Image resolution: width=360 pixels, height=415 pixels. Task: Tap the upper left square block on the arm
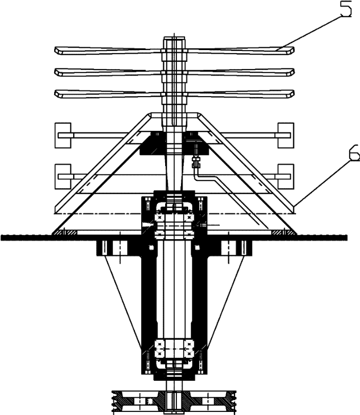pos(62,135)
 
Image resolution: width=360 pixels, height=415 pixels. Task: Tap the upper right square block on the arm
pos(285,135)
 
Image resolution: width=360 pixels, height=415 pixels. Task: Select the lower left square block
pos(62,176)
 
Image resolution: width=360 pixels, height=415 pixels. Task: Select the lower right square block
pos(285,176)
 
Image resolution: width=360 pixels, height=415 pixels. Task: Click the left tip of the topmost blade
pos(57,50)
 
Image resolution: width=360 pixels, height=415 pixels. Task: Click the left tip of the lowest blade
pos(57,94)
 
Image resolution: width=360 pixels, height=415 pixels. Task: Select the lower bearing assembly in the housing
pos(174,353)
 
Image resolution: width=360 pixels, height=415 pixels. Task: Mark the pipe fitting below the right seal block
pos(194,162)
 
